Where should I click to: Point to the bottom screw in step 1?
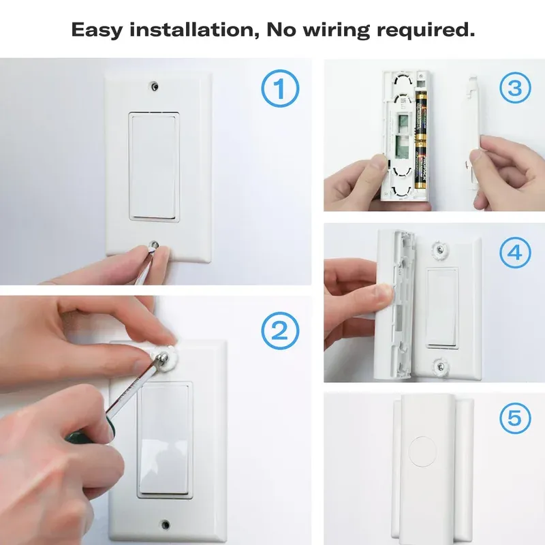156,245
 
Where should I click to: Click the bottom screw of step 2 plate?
165,525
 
